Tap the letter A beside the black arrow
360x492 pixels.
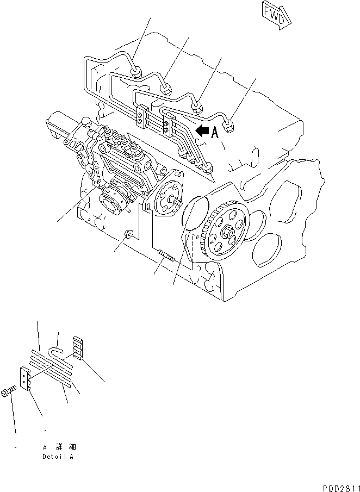coord(215,132)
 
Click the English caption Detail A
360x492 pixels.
coord(58,457)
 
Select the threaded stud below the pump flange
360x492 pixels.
coord(166,256)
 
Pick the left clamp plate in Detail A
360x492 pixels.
coord(25,378)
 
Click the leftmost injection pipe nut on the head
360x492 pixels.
coord(136,71)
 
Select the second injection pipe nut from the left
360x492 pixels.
coord(166,88)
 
